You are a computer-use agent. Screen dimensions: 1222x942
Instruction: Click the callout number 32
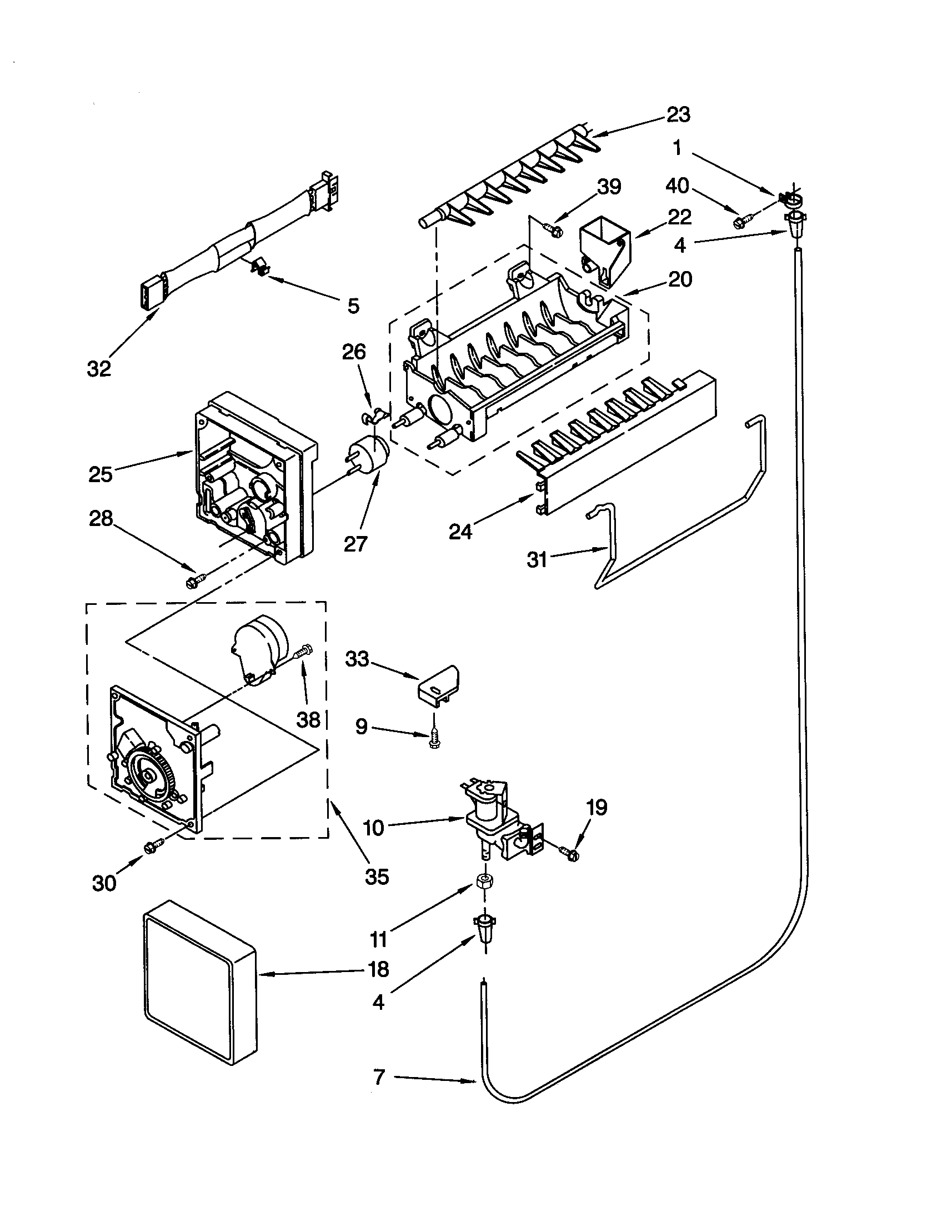coord(98,369)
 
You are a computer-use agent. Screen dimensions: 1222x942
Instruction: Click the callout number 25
coord(101,474)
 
